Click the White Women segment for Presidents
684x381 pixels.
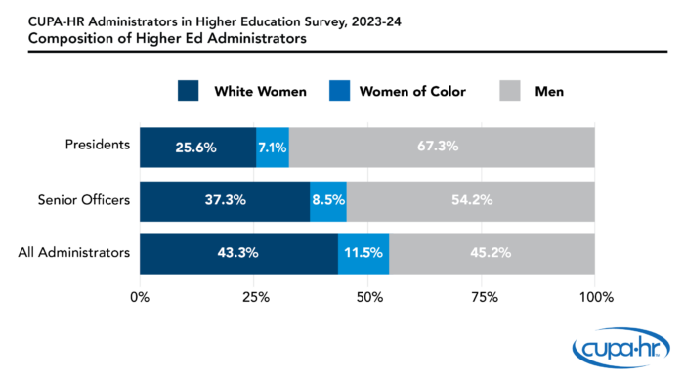pos(197,147)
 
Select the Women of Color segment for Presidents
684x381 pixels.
pos(273,147)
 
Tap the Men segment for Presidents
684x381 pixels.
pos(442,147)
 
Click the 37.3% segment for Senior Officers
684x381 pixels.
pos(225,200)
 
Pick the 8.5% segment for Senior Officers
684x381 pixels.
pos(328,200)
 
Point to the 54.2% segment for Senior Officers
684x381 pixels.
pos(471,200)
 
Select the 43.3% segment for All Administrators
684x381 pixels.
pos(238,253)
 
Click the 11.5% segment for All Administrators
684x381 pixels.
pos(363,253)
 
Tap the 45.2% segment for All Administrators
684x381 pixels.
pos(492,253)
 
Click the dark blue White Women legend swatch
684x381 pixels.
pos(189,92)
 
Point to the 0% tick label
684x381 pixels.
pos(140,297)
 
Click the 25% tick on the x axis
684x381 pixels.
pos(254,297)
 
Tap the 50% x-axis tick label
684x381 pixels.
pos(367,297)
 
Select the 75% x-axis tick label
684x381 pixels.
pos(482,297)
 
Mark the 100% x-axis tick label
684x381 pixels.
pos(595,297)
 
